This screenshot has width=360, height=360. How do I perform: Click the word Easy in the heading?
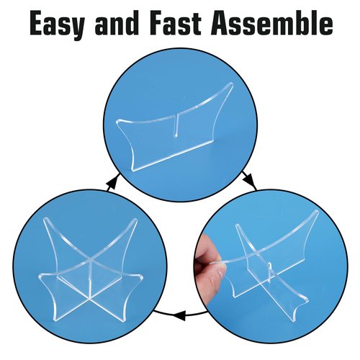click(57, 24)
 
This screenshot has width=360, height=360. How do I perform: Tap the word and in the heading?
click(117, 23)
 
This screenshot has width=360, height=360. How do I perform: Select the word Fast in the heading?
click(176, 24)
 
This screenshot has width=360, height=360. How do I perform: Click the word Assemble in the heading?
click(272, 23)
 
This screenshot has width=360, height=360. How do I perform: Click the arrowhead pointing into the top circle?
click(112, 184)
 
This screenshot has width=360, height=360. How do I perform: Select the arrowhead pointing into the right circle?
click(249, 181)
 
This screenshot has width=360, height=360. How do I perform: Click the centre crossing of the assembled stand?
click(91, 260)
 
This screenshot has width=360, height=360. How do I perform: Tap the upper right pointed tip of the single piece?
click(230, 84)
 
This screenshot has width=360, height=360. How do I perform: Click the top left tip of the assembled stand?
click(45, 220)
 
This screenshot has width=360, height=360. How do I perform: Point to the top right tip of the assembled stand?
click(135, 220)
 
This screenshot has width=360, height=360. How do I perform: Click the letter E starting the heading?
click(38, 24)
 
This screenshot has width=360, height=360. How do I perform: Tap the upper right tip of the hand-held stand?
click(317, 212)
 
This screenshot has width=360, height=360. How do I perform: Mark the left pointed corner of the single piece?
click(118, 122)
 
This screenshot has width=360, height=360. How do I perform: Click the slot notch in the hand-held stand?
click(270, 269)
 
